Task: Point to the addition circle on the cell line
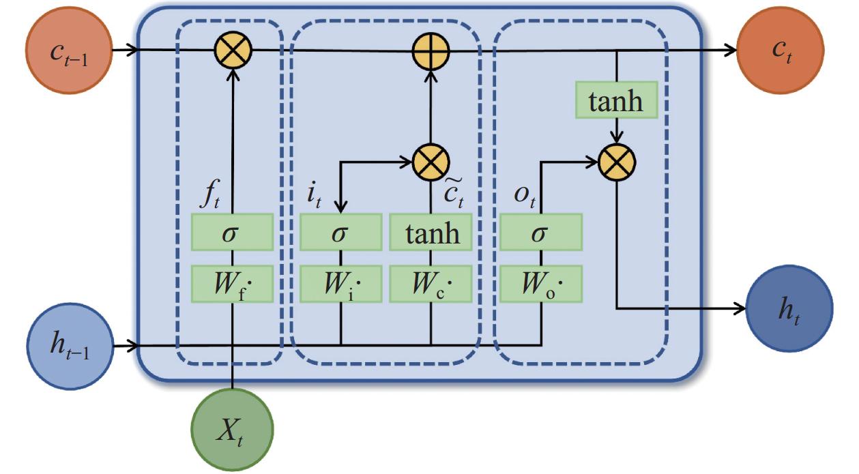(x=430, y=51)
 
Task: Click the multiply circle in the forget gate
(x=233, y=50)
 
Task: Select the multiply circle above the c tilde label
(x=431, y=162)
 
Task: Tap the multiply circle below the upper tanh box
(x=617, y=162)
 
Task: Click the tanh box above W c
(x=430, y=233)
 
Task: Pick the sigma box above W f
(x=233, y=233)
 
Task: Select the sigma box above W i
(x=340, y=233)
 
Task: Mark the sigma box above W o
(x=540, y=233)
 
